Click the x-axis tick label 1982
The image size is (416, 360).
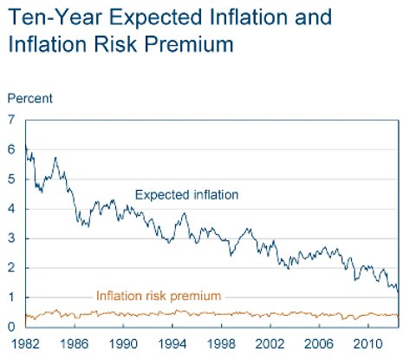25,344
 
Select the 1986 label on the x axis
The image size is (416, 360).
75,344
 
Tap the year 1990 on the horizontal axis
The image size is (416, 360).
123,344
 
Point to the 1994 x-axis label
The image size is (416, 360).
172,344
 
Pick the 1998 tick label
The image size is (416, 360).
221,344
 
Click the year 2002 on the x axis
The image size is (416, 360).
270,344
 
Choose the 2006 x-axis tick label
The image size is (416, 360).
319,344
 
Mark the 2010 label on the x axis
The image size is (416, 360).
367,344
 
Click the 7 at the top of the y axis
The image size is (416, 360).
11,120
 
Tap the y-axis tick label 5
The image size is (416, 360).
11,180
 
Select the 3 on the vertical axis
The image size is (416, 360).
11,239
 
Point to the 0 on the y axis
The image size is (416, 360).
11,327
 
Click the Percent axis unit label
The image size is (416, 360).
30,98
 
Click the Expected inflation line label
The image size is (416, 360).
186,195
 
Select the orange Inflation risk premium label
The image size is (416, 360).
159,296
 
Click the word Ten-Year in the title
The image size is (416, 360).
55,16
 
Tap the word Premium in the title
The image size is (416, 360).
189,44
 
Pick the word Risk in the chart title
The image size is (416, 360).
115,44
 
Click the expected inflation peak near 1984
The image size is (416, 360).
55,158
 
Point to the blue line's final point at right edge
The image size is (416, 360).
399,291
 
